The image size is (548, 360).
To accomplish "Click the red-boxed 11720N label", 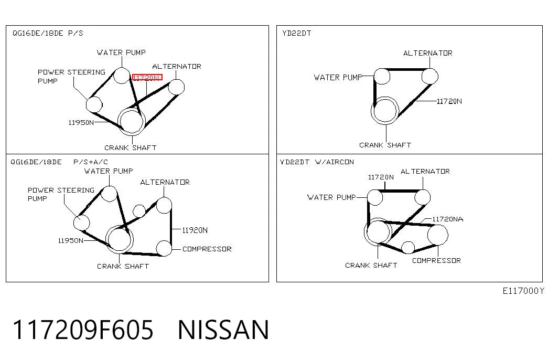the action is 147,77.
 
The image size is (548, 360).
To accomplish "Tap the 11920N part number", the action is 195,230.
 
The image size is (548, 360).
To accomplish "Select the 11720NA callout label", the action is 448,219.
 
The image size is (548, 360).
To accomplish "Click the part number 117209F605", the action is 83,330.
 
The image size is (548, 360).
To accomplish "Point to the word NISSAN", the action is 223,330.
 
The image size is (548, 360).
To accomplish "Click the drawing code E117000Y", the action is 523,291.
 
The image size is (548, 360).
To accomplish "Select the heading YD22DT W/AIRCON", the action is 317,162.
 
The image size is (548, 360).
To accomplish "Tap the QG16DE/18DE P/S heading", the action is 48,33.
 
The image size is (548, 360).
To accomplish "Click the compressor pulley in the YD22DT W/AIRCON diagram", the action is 437,235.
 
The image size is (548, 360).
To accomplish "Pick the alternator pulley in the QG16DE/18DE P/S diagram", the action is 177,87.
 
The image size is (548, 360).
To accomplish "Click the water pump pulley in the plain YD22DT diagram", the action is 382,76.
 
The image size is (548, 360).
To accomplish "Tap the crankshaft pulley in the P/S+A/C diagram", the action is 120,240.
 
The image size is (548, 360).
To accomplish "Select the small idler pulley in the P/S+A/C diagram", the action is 139,211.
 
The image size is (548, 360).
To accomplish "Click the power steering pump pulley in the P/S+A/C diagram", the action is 82,223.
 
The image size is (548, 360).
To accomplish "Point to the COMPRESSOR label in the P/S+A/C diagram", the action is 207,249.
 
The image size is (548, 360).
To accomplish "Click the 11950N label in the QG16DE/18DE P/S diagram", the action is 81,122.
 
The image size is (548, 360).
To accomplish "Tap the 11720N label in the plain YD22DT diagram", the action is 449,101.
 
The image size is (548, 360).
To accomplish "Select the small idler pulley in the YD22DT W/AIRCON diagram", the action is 408,247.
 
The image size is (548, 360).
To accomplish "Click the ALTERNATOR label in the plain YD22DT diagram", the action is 428,53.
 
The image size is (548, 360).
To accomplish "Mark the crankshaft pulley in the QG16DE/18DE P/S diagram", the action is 132,121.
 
